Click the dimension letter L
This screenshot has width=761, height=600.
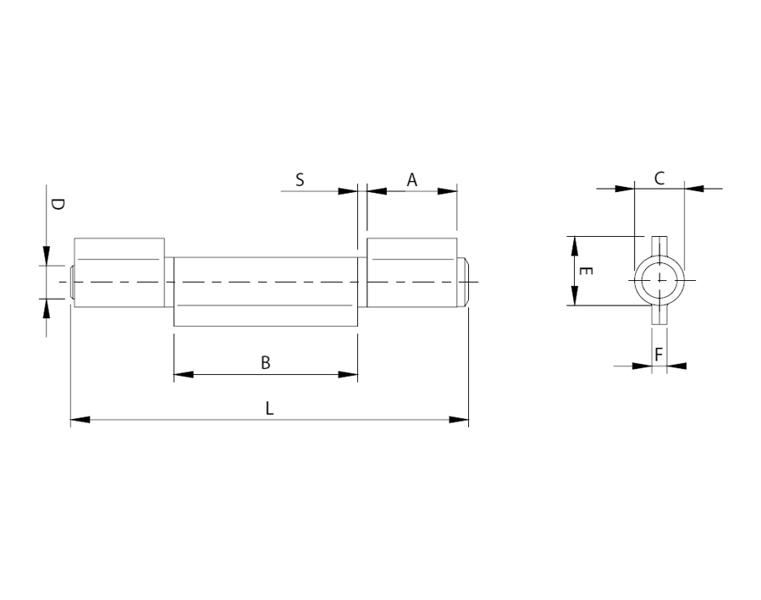click(270, 408)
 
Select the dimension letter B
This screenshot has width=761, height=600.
click(266, 363)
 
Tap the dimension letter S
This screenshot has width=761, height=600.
click(300, 180)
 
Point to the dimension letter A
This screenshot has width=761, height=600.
click(411, 180)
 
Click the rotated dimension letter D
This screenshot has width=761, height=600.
click(58, 204)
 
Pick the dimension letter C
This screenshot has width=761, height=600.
click(659, 179)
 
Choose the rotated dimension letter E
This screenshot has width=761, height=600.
click(586, 271)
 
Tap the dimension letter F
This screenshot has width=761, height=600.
click(659, 355)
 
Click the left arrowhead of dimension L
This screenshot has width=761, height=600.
click(80, 419)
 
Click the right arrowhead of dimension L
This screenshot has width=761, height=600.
click(459, 419)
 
